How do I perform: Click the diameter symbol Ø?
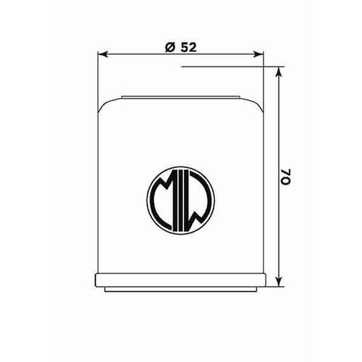pos(170,48)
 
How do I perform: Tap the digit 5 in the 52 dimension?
pos(184,48)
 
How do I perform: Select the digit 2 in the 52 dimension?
pos(193,48)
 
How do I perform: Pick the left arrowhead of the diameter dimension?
pos(103,54)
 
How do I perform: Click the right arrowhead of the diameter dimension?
pos(258,54)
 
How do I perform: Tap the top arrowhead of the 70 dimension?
pos(279,72)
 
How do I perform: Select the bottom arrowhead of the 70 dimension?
pos(279,282)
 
